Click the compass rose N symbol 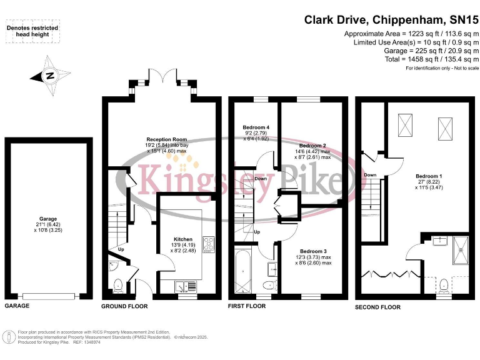[50, 76]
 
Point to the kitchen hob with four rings [209, 244]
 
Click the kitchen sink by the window [186, 286]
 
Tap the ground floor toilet [117, 286]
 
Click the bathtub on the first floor [242, 271]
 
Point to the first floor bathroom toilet [270, 285]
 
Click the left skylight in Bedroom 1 [405, 125]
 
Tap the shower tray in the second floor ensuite [461, 250]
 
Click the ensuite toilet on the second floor [444, 286]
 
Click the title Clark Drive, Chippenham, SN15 [391, 20]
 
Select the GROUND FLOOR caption [124, 306]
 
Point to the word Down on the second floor [370, 175]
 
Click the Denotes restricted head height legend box [32, 31]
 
